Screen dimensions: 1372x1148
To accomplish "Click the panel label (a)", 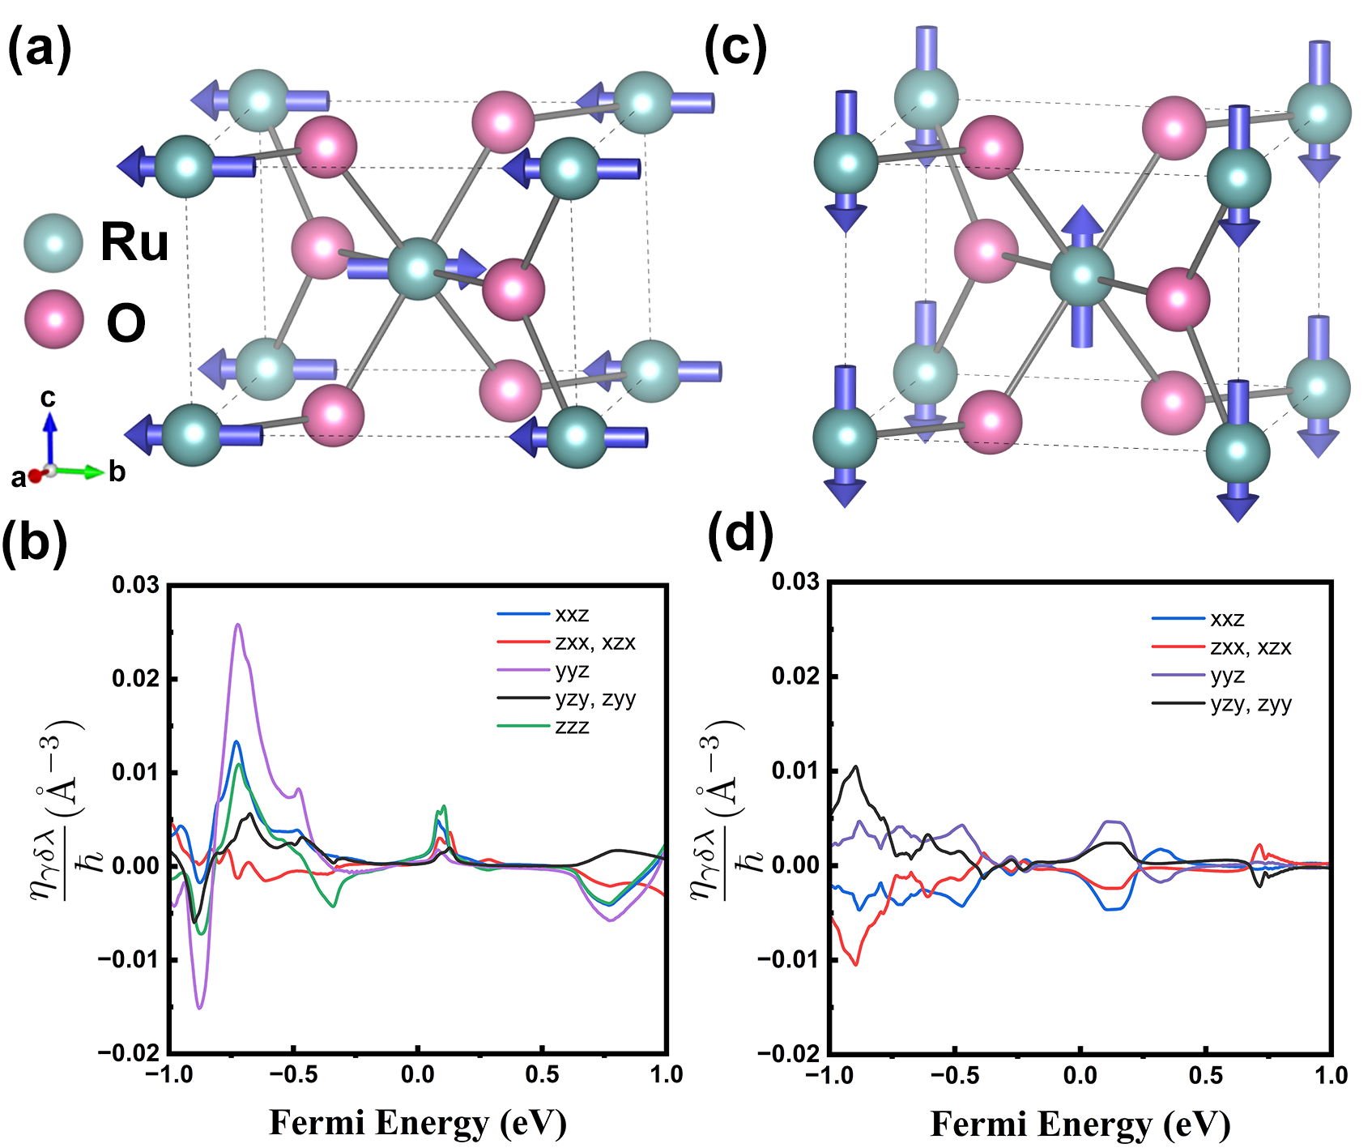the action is pos(40,49).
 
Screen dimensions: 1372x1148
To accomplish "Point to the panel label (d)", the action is pos(740,536).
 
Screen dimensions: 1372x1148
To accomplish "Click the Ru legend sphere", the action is pos(53,243).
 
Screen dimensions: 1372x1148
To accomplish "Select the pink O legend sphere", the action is pos(54,319).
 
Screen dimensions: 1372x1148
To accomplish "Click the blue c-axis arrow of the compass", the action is pos(50,438).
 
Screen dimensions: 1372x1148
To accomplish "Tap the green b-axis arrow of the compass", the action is pos(79,471).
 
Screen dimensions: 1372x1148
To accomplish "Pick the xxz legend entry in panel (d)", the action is pos(1199,620).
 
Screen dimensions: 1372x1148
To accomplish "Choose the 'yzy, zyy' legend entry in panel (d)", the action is pos(1222,704).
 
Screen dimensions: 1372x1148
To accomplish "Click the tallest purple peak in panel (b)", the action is pos(238,625).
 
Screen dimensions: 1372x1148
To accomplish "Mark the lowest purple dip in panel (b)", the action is pos(200,1007).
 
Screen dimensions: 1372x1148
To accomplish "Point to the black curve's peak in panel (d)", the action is pos(855,766).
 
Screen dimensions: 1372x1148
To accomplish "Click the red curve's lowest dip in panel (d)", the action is pos(856,963).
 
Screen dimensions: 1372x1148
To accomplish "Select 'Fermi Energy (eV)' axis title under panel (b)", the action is pos(418,1123).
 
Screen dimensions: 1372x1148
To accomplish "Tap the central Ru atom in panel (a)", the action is pos(418,269).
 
